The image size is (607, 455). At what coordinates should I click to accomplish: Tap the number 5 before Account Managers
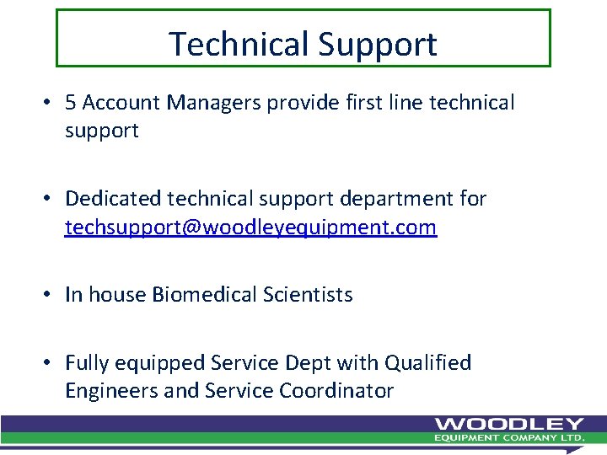click(71, 103)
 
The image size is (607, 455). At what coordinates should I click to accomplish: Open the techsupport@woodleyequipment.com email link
click(250, 227)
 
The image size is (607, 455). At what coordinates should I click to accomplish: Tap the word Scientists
click(308, 295)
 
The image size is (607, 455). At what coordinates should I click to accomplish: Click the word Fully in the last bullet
click(86, 363)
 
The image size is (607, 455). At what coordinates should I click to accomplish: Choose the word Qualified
click(427, 363)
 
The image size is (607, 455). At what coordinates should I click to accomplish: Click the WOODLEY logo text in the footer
click(508, 424)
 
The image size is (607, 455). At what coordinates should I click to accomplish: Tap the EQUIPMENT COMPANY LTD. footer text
click(508, 438)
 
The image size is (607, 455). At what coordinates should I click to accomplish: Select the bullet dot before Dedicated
click(51, 200)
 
